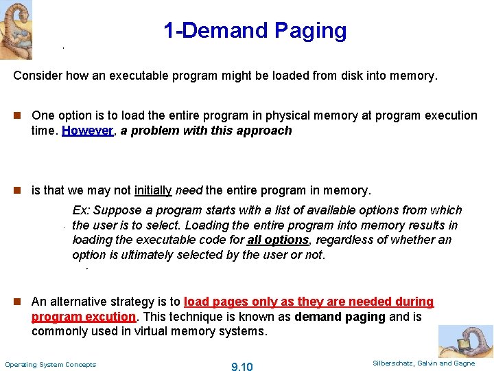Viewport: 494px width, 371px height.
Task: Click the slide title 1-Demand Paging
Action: (255, 31)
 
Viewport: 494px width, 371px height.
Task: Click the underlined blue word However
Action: (87, 131)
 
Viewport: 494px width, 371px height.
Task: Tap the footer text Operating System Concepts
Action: (51, 364)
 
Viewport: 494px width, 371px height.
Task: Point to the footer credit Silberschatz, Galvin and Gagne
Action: (423, 363)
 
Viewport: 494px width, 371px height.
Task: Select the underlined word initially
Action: (154, 190)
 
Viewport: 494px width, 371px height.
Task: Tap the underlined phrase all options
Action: (278, 240)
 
